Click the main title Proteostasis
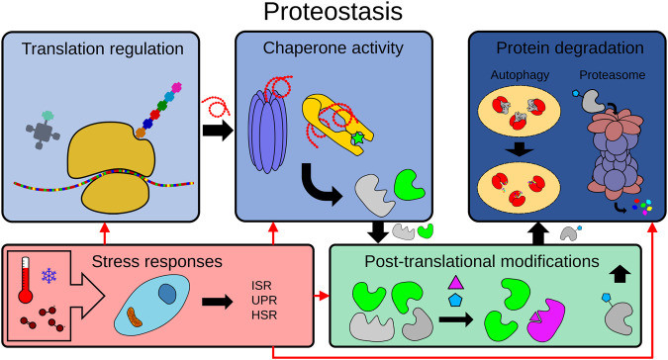coord(333,15)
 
